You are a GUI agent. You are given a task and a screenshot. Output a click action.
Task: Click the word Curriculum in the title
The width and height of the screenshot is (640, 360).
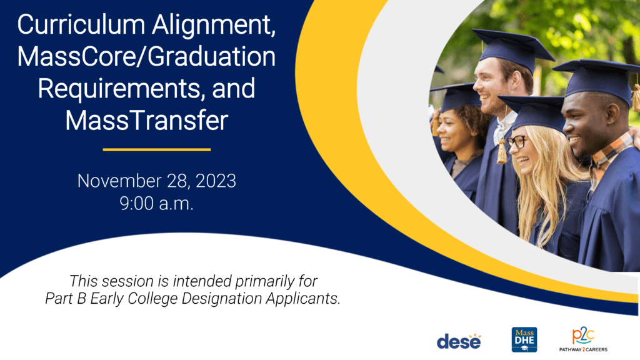click(x=81, y=25)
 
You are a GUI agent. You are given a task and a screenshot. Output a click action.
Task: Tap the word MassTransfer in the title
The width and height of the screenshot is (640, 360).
click(x=146, y=121)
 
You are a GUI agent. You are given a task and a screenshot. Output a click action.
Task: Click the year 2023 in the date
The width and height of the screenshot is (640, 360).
click(x=216, y=181)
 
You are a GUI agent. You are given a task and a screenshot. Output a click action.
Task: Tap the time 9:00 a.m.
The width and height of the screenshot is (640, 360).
click(x=156, y=203)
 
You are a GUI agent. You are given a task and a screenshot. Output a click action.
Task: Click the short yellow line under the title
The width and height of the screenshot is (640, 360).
click(x=157, y=150)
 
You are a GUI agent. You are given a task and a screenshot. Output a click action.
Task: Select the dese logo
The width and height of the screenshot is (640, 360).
click(x=459, y=341)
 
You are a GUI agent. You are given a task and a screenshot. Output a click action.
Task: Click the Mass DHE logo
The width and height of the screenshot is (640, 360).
click(x=524, y=339)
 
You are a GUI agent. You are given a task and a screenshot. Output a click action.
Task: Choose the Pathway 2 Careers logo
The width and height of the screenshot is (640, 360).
click(x=583, y=339)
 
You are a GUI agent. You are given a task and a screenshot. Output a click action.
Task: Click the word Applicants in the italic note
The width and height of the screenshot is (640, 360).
click(x=303, y=299)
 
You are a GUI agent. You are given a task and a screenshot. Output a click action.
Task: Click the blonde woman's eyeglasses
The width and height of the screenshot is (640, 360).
click(x=517, y=141)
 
